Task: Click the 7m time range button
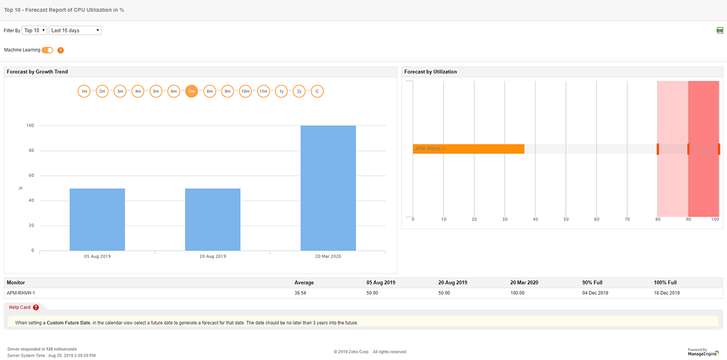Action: (x=191, y=92)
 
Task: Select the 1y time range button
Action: (x=281, y=92)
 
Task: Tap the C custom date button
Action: (x=317, y=92)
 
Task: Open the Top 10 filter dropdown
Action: (x=35, y=30)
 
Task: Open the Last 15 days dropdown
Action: (x=75, y=30)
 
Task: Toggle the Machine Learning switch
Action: (x=47, y=50)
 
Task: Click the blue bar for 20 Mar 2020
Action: (x=328, y=188)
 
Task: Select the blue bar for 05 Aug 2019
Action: (x=97, y=219)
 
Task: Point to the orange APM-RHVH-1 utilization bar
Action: (x=468, y=149)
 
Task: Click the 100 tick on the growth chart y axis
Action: (x=30, y=125)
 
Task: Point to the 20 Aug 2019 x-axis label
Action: (x=213, y=256)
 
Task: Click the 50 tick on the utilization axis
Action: (x=566, y=219)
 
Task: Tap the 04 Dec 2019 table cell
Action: (x=595, y=293)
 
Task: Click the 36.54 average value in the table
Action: (x=301, y=293)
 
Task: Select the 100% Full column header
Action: (x=665, y=282)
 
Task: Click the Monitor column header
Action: (x=16, y=282)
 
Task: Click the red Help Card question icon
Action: (x=36, y=308)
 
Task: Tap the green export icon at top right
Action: (x=720, y=30)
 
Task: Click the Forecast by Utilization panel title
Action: (x=431, y=72)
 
